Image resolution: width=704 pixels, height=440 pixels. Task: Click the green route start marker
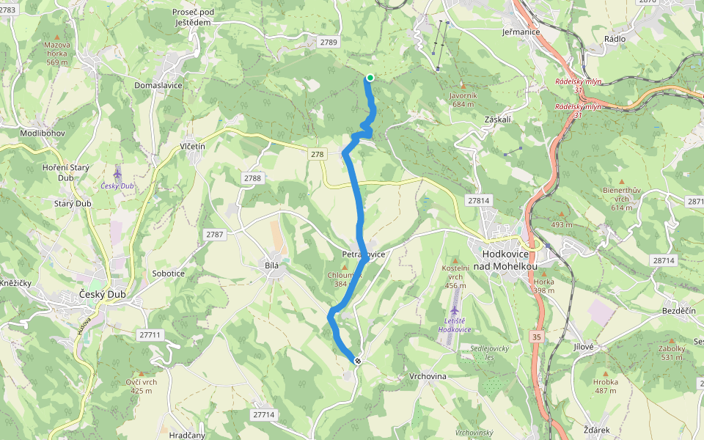pyautogui.click(x=370, y=78)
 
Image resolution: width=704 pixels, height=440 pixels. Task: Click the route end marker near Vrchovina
pyautogui.click(x=358, y=361)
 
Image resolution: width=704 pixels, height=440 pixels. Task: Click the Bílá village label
pyautogui.click(x=273, y=265)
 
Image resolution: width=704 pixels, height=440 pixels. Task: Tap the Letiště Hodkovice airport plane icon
pyautogui.click(x=455, y=312)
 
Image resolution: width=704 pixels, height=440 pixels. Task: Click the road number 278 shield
pyautogui.click(x=317, y=154)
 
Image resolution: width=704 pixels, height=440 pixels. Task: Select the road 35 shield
pyautogui.click(x=538, y=335)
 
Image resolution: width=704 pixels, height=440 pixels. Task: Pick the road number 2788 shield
pyautogui.click(x=252, y=178)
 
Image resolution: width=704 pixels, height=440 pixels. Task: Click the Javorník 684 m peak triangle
pyautogui.click(x=463, y=87)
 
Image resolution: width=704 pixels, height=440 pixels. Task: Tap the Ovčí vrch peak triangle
pyautogui.click(x=142, y=373)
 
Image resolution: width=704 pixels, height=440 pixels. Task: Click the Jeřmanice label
pyautogui.click(x=521, y=32)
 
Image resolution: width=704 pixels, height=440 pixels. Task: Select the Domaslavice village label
pyautogui.click(x=158, y=85)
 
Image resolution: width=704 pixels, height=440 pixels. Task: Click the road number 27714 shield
pyautogui.click(x=263, y=414)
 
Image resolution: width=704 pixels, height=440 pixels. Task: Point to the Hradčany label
pyautogui.click(x=186, y=435)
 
